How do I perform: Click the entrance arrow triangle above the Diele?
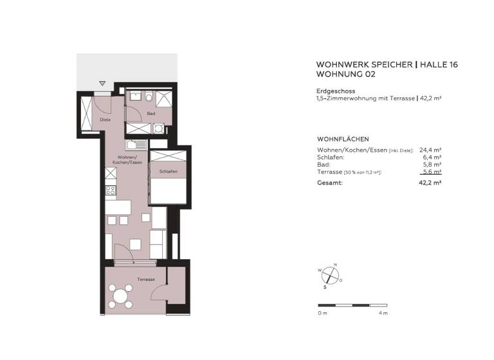tap(102, 84)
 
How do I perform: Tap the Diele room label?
tap(105, 120)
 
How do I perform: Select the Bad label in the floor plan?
tap(151, 114)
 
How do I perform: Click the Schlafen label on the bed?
tap(169, 171)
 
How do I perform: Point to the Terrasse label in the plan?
tap(146, 280)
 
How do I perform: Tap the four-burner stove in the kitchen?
tap(110, 190)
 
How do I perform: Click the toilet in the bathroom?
tap(149, 98)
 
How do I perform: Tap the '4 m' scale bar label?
tap(383, 313)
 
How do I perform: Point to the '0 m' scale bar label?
tap(323, 313)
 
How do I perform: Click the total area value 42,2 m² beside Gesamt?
tap(430, 183)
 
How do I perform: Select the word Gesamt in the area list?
tap(330, 183)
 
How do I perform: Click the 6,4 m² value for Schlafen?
tap(432, 157)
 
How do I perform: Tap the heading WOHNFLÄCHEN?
tap(342, 139)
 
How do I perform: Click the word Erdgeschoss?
tap(336, 91)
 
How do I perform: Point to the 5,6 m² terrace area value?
tap(431, 172)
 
